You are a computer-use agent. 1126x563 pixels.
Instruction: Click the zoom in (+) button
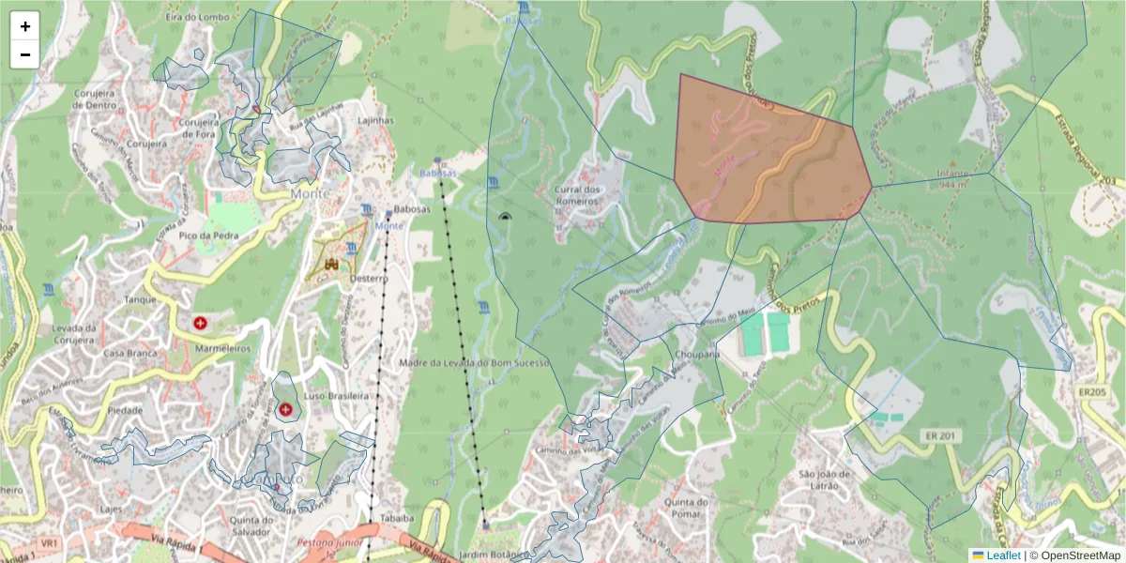pos(25,26)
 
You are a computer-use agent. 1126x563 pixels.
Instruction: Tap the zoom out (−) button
pos(25,54)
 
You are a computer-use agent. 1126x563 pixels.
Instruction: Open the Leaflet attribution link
pos(1002,555)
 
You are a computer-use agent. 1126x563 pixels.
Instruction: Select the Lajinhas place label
pos(375,121)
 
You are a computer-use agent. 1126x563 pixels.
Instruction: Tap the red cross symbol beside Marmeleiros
pos(200,323)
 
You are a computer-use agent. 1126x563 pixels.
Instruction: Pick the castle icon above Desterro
pos(330,266)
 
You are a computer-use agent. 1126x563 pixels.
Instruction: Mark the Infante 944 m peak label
pos(953,179)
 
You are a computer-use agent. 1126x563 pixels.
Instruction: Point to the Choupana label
pos(696,356)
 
